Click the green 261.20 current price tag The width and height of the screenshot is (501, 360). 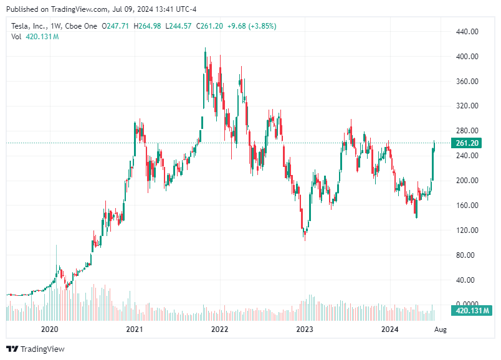pyautogui.click(x=467, y=143)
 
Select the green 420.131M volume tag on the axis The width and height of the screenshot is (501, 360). pyautogui.click(x=472, y=310)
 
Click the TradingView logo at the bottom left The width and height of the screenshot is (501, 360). pyautogui.click(x=36, y=349)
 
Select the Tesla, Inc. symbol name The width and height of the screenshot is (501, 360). pyautogui.click(x=30, y=26)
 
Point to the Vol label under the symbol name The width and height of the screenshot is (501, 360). pyautogui.click(x=17, y=37)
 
